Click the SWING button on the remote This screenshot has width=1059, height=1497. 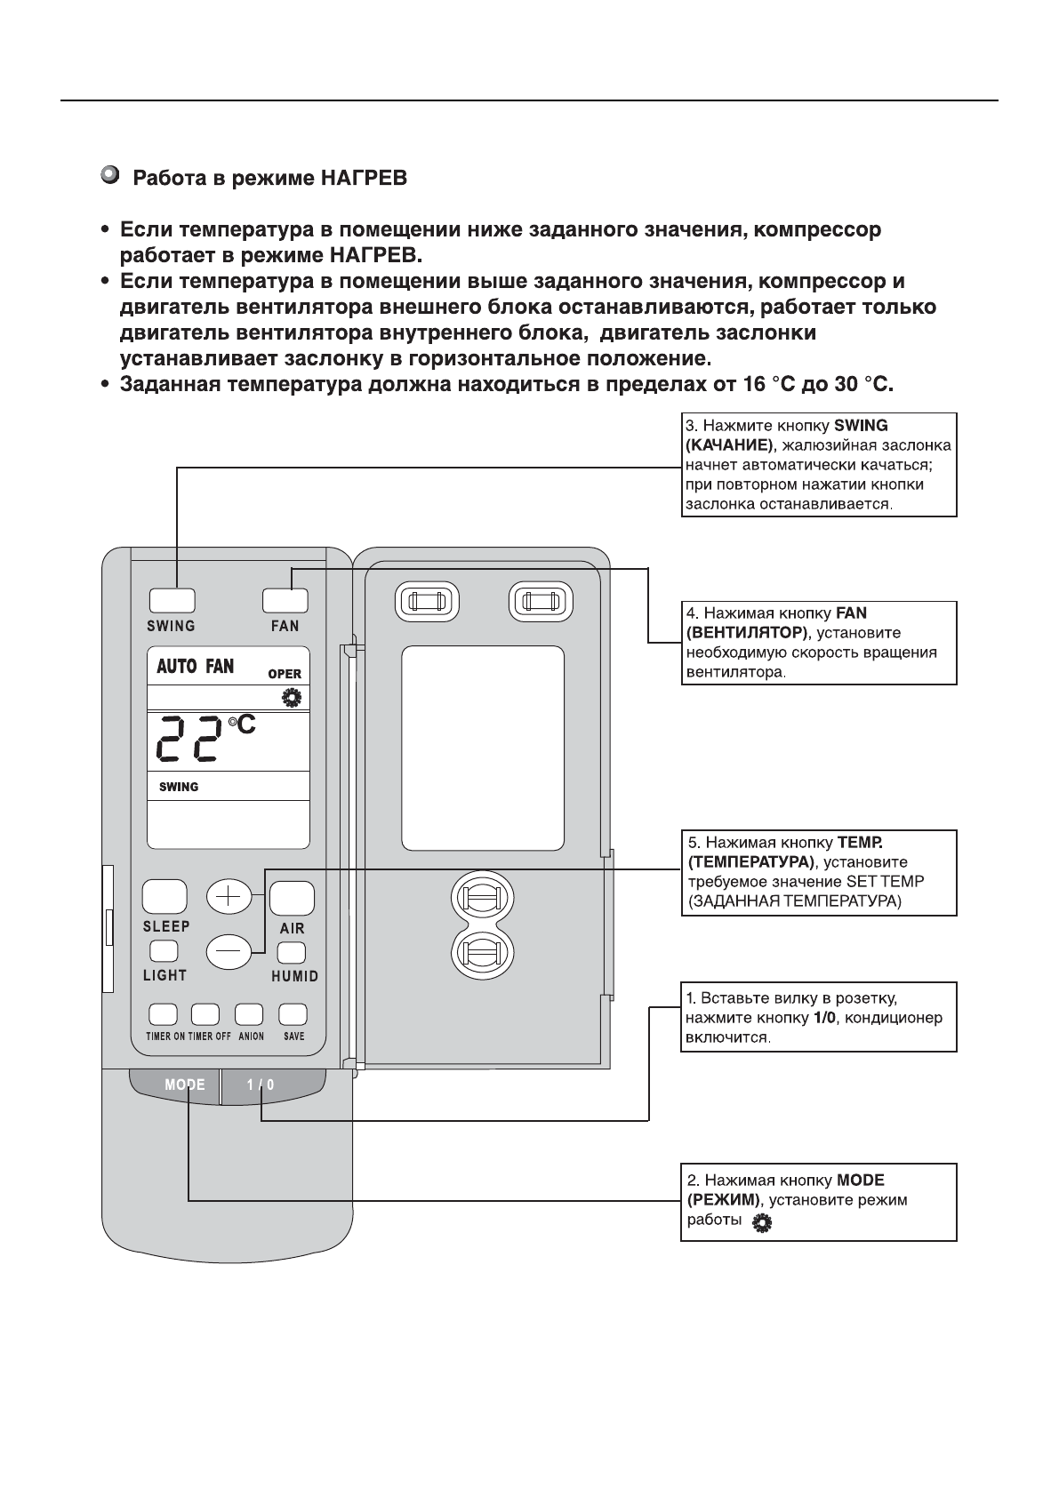point(172,600)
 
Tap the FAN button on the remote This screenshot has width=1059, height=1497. point(285,600)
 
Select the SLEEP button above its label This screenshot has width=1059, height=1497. point(164,897)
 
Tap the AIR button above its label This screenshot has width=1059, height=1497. point(292,898)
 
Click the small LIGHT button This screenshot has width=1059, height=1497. point(163,952)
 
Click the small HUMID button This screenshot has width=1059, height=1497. point(291,953)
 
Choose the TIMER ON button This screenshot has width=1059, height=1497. point(163,1014)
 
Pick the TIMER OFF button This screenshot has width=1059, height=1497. point(205,1014)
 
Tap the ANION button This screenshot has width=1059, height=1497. point(249,1014)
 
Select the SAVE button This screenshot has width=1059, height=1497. point(293,1014)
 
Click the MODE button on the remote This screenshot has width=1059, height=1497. point(184,1085)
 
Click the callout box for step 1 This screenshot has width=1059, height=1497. point(818,1017)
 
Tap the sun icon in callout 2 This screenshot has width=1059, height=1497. point(761,1223)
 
